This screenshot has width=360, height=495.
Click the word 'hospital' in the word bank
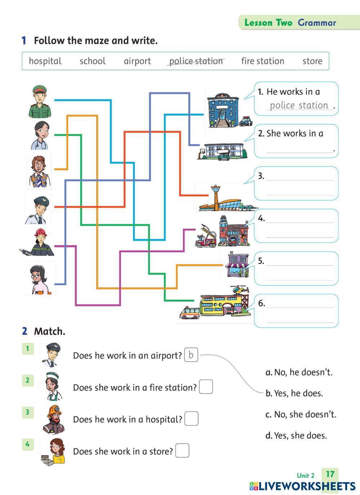point(45,61)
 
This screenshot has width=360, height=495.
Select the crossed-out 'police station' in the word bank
point(196,61)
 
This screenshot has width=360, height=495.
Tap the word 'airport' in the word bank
point(137,61)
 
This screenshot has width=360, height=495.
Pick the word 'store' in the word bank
point(312,61)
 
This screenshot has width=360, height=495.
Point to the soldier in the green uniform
point(40,102)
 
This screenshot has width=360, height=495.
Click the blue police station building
point(222,110)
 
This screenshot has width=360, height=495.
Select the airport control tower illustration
point(216,197)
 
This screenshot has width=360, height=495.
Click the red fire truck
point(206,238)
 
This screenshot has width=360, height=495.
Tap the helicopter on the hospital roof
point(239,289)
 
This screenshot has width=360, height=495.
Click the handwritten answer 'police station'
point(299,105)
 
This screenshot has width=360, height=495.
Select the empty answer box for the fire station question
point(206,387)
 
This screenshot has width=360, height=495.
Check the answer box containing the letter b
point(191,355)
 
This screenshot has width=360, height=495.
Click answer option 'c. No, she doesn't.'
point(301,414)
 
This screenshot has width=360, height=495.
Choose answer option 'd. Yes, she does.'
point(296,436)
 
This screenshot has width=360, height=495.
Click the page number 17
point(330,474)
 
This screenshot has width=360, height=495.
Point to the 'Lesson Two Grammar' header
point(290,23)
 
